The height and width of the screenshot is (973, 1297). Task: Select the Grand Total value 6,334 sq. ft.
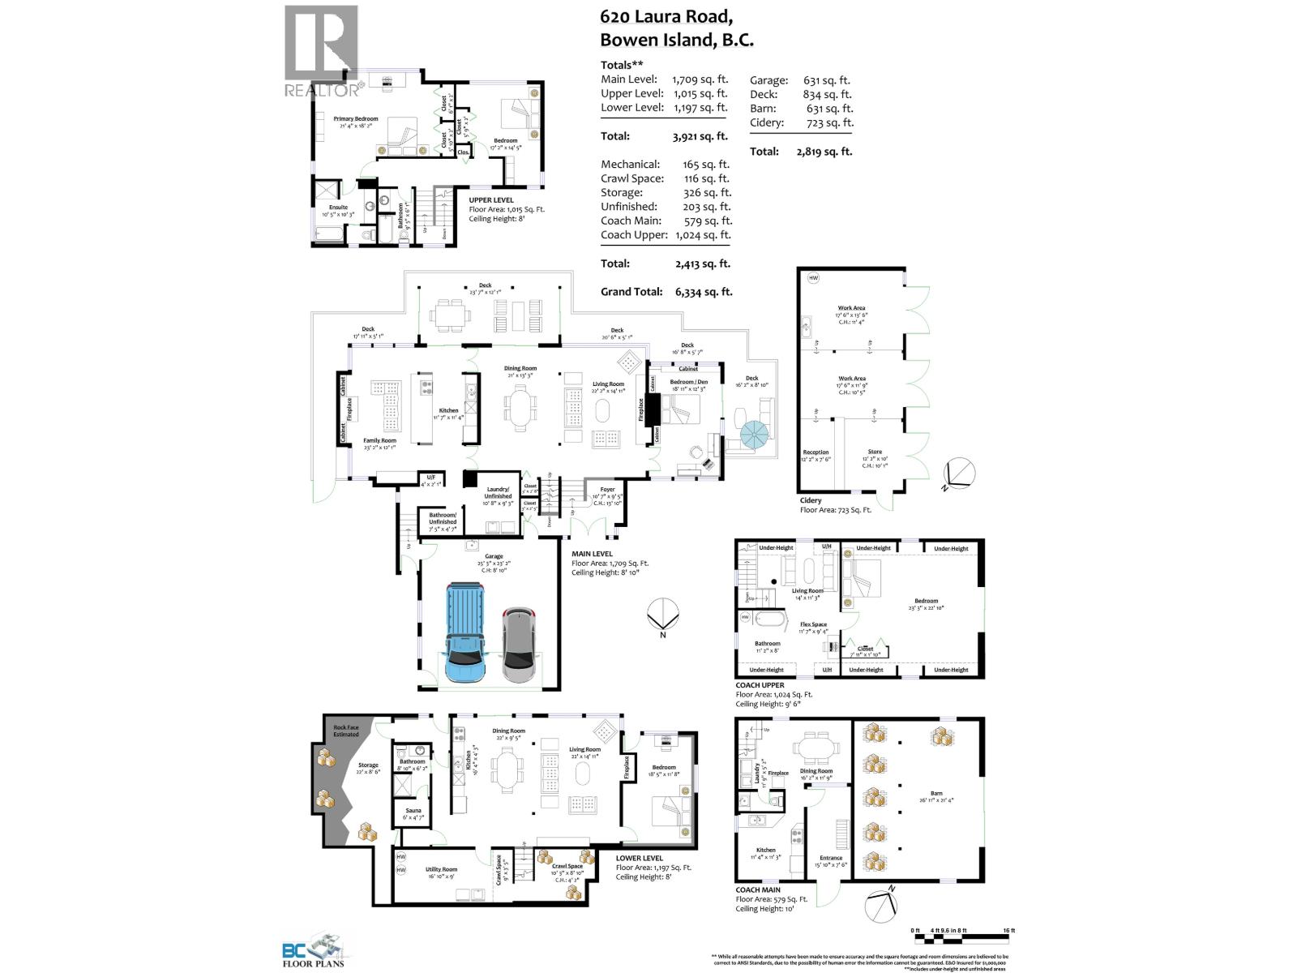click(702, 292)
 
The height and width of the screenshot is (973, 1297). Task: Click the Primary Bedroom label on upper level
click(356, 119)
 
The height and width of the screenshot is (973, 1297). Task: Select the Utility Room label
click(441, 869)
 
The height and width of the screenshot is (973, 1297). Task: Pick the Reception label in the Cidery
click(815, 452)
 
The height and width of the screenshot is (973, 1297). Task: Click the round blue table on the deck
click(759, 436)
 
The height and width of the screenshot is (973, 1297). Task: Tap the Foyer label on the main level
click(607, 490)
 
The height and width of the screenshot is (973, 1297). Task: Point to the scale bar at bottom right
click(963, 939)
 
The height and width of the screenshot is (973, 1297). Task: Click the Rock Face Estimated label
click(346, 731)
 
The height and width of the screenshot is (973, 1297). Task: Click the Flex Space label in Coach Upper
click(813, 624)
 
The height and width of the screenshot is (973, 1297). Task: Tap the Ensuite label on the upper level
click(338, 208)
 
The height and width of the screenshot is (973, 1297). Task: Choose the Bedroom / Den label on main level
click(688, 382)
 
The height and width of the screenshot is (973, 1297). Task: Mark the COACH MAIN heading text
click(758, 889)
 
